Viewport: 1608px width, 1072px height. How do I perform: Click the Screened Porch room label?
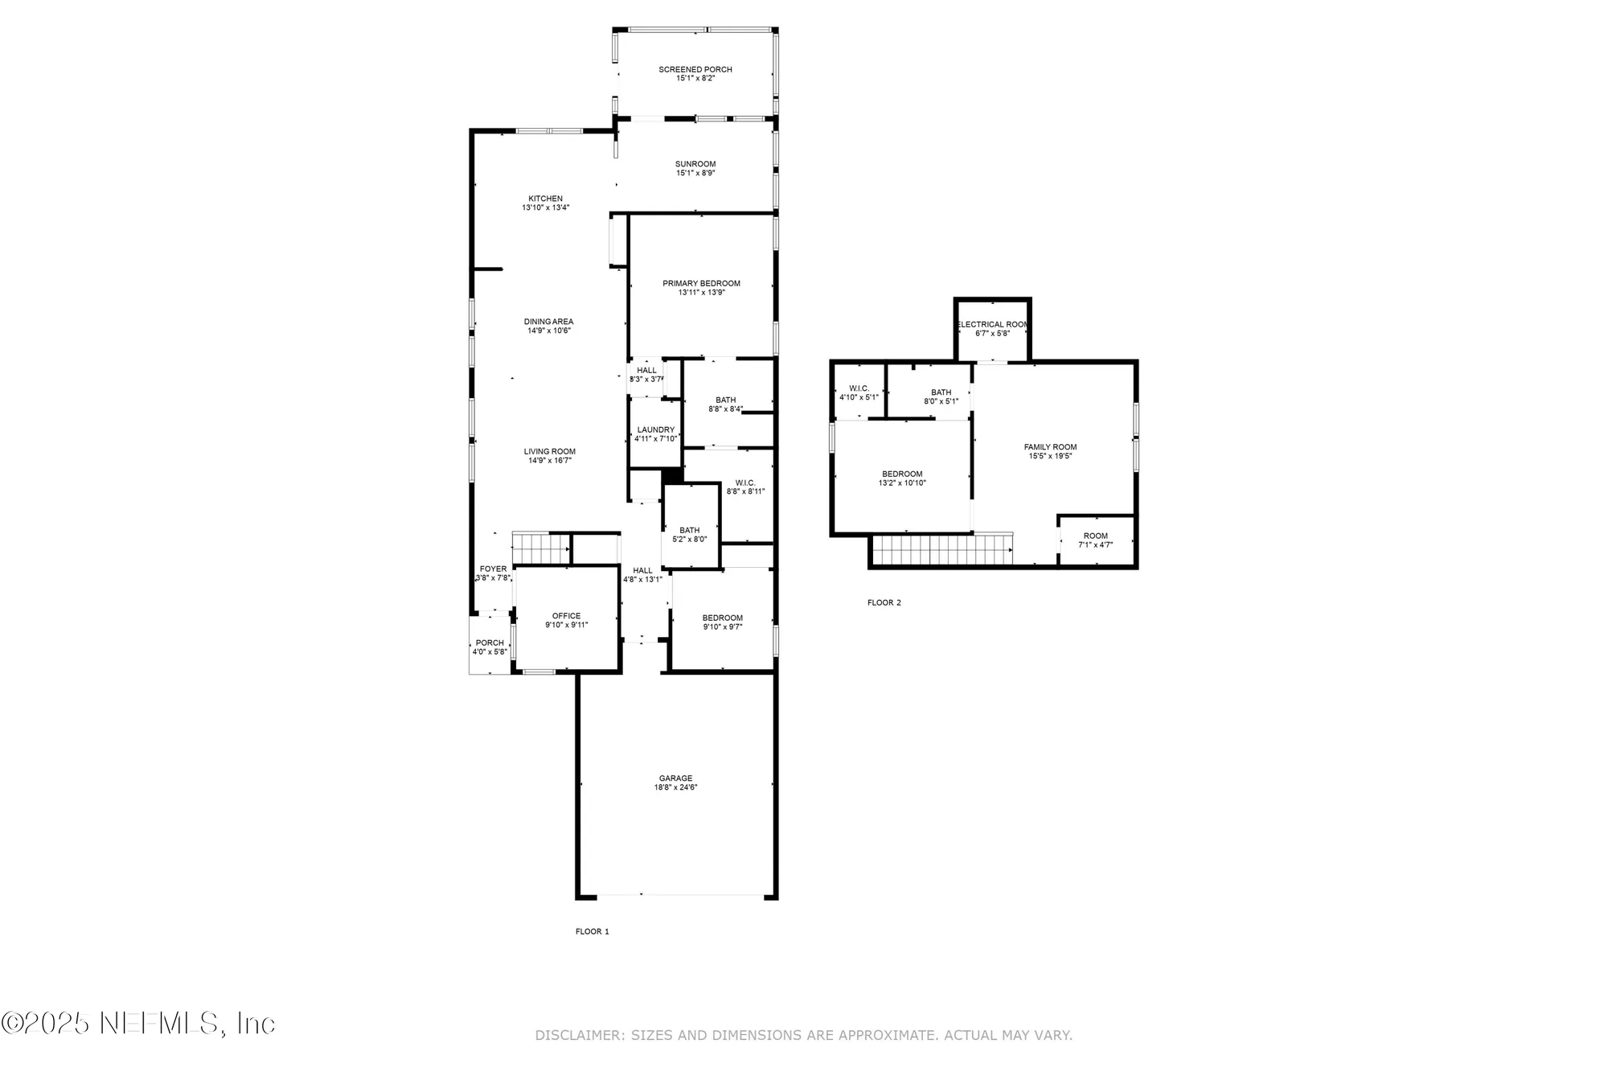tap(695, 69)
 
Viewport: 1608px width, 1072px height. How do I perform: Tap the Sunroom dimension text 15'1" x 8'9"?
tap(695, 173)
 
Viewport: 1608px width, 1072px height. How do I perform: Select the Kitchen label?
tap(545, 199)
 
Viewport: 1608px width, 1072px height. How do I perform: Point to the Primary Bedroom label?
tap(701, 283)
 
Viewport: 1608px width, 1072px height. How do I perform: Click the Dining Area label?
tap(548, 322)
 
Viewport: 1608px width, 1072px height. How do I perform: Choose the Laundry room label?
tap(655, 429)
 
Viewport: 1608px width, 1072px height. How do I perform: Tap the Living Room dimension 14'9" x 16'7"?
tap(549, 461)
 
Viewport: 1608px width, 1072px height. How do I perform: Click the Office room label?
tap(566, 616)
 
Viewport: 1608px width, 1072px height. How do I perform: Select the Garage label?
tap(675, 778)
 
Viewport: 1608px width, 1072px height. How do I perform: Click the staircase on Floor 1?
tap(540, 548)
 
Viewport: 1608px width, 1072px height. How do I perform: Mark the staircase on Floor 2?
tap(941, 550)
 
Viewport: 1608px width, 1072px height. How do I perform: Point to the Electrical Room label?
tap(992, 324)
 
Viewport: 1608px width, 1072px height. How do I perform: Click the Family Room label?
tap(1050, 447)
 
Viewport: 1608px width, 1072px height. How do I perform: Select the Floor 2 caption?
tap(884, 602)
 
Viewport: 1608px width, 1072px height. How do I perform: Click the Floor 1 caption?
tap(592, 931)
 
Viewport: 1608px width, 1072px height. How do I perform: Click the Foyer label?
tap(493, 569)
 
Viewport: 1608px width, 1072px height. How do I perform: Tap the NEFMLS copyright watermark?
tap(138, 1023)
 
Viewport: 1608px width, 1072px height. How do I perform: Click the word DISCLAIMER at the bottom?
tap(579, 1035)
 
